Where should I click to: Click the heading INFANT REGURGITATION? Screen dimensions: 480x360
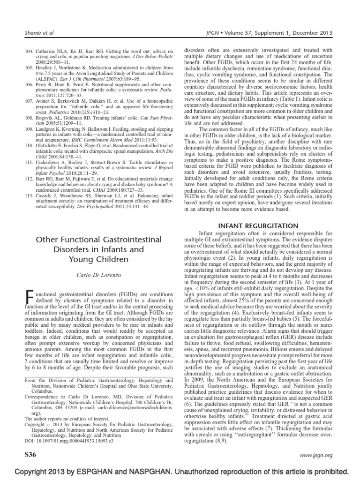(x=258, y=226)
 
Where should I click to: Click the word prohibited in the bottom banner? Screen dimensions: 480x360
(x=330, y=471)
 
